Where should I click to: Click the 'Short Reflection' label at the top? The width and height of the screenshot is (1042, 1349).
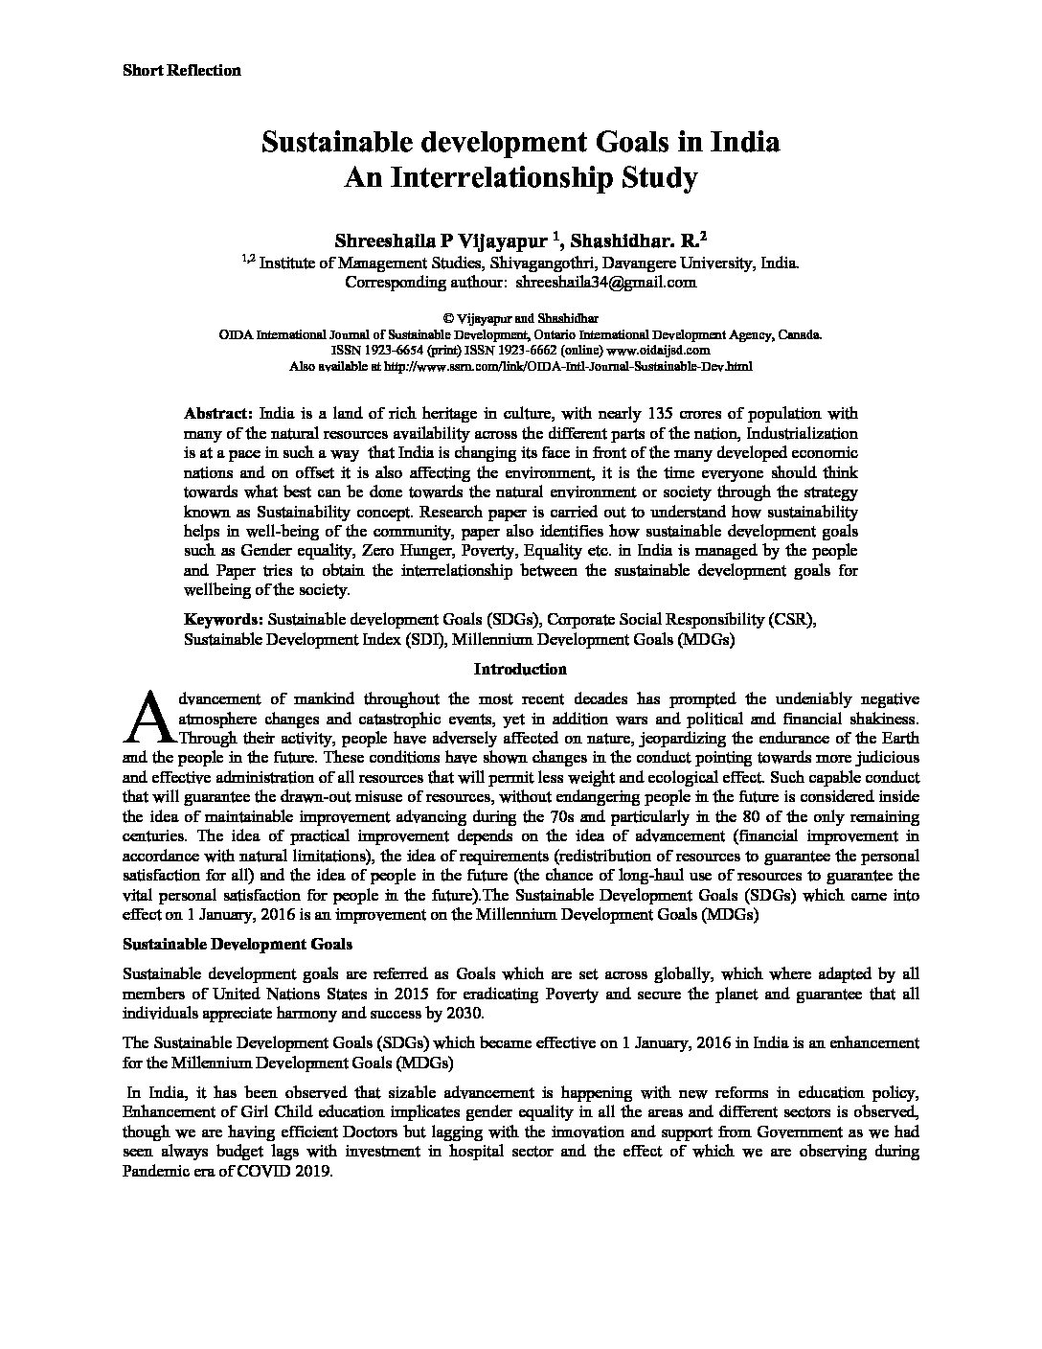pyautogui.click(x=182, y=70)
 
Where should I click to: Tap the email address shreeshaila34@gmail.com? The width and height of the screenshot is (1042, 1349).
pyautogui.click(x=605, y=283)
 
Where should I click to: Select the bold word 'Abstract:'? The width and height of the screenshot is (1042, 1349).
pyautogui.click(x=218, y=414)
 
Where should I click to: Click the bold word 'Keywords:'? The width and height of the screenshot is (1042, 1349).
pyautogui.click(x=223, y=620)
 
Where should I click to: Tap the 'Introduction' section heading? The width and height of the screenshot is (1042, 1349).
pyautogui.click(x=520, y=669)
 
